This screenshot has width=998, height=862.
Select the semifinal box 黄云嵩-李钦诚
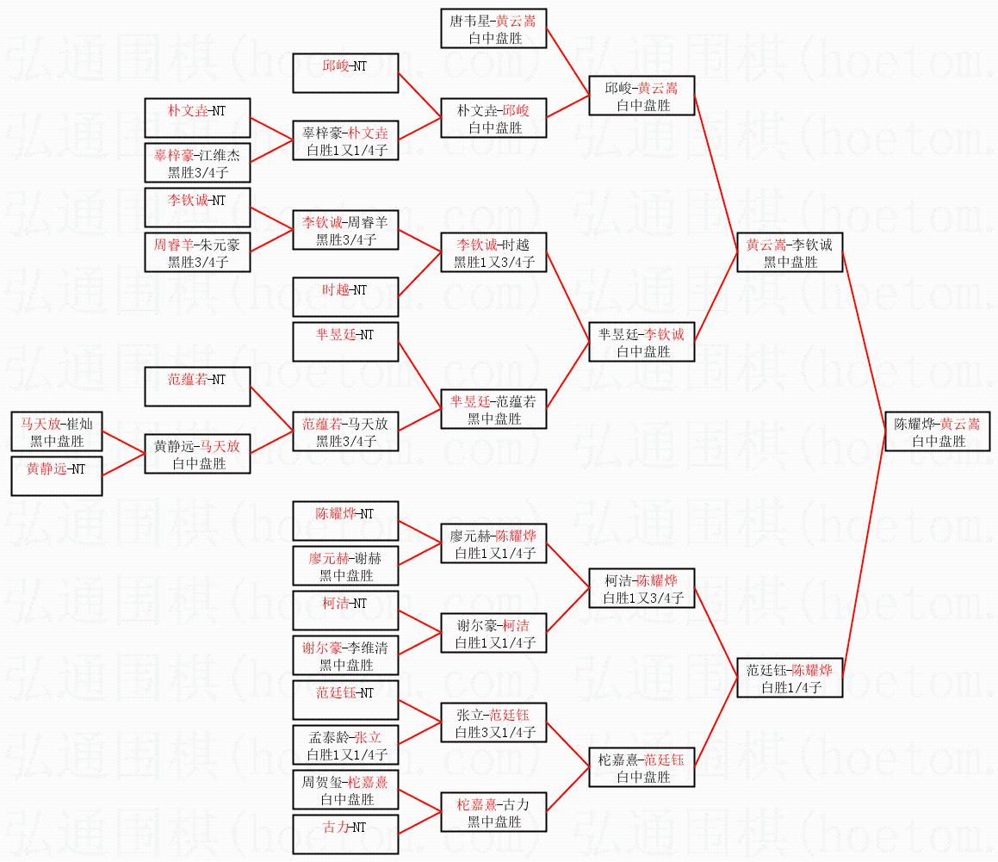790,253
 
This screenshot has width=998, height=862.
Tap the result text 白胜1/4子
790,688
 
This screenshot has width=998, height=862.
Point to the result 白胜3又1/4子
494,733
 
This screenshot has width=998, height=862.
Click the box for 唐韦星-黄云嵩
494,29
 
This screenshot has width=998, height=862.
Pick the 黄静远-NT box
57,477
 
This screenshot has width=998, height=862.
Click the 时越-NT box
345,298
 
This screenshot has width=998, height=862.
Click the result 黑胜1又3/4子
494,263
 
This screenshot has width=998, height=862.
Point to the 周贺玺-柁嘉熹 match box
345,791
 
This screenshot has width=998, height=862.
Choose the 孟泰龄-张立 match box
345,746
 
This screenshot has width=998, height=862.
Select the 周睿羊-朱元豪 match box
197,253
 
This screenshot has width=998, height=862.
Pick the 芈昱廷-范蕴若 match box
494,410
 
